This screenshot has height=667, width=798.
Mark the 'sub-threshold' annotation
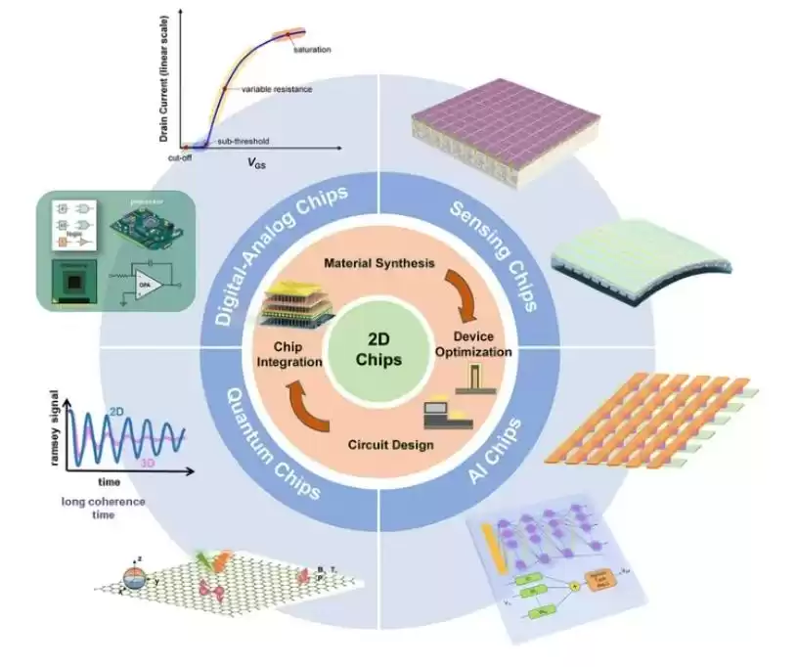coord(238,141)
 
